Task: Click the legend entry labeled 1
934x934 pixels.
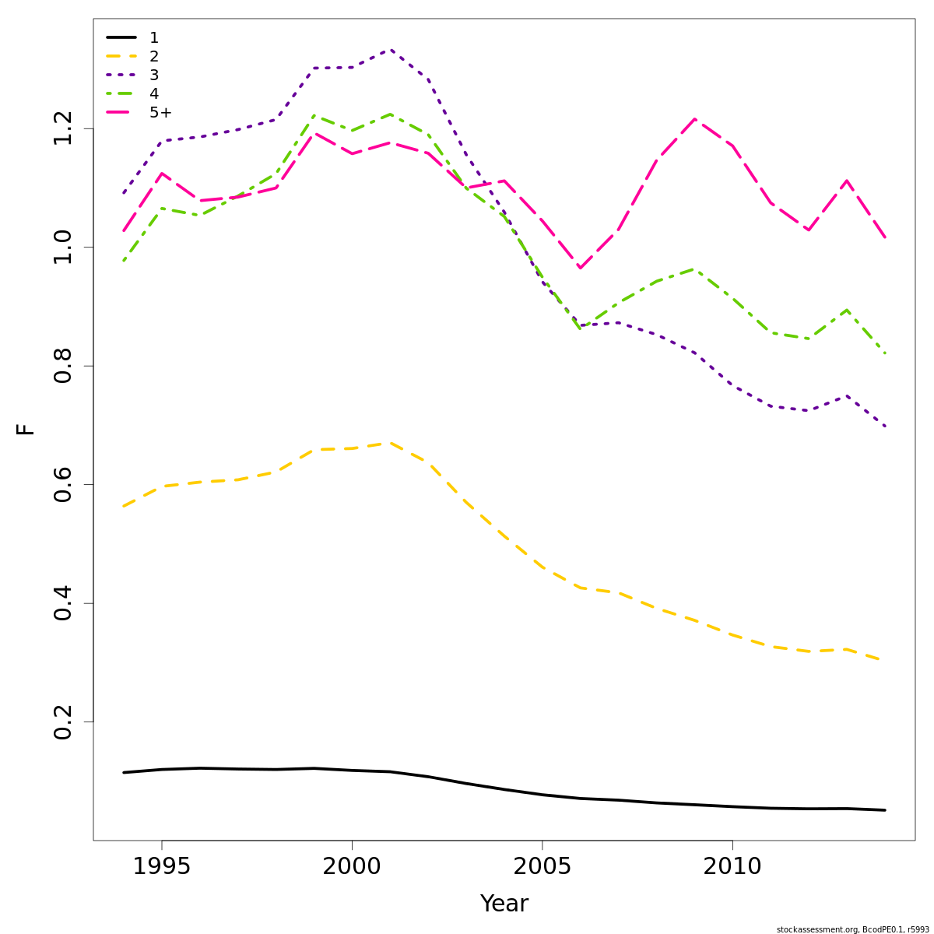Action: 153,37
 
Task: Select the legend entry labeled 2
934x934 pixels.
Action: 153,56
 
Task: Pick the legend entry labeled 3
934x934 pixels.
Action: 153,75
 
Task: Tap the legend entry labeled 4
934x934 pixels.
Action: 153,93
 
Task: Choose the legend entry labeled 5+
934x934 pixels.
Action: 160,112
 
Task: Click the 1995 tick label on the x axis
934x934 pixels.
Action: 162,866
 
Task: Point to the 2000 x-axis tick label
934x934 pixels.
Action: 352,866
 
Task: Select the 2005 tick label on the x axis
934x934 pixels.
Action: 542,866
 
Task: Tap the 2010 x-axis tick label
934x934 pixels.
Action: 732,866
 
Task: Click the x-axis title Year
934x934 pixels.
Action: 504,904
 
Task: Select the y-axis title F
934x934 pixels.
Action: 26,429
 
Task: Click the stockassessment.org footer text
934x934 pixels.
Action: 852,929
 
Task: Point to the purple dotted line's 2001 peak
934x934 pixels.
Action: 390,50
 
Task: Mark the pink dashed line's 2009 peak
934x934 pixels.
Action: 694,119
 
